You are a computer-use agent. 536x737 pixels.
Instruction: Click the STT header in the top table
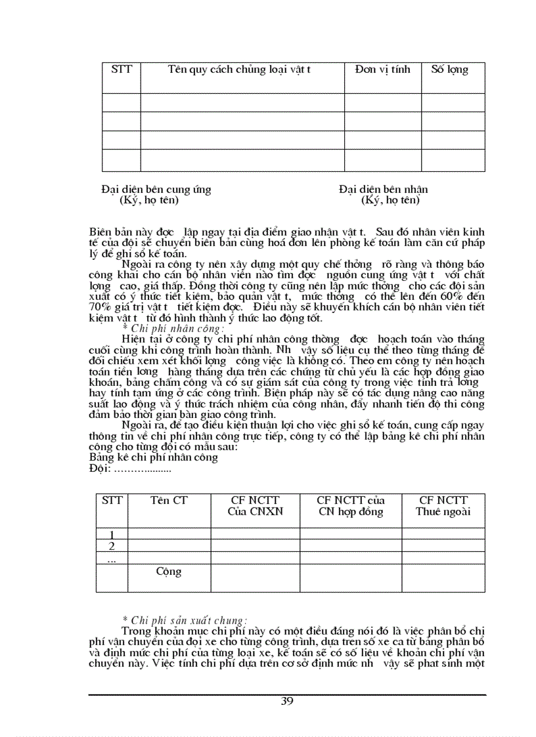[122, 69]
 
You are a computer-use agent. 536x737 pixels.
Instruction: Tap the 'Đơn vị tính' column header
[382, 69]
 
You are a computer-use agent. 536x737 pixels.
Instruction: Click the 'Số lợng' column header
[449, 69]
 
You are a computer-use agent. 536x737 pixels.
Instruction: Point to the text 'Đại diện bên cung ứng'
[156, 189]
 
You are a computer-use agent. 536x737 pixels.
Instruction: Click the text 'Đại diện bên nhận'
[384, 189]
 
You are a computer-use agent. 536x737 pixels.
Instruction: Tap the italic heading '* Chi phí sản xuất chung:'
[185, 619]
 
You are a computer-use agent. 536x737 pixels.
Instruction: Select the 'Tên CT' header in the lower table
[169, 500]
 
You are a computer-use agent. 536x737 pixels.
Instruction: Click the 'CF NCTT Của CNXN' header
[255, 506]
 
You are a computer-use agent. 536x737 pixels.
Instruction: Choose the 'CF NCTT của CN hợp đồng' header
[350, 506]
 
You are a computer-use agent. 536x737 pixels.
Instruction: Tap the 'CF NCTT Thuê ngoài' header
[443, 506]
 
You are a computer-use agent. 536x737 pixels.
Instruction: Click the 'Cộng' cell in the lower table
[169, 571]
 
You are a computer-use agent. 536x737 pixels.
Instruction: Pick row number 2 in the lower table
[112, 546]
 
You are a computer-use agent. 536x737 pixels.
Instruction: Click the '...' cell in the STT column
[112, 558]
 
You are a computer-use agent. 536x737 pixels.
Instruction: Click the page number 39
[287, 700]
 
